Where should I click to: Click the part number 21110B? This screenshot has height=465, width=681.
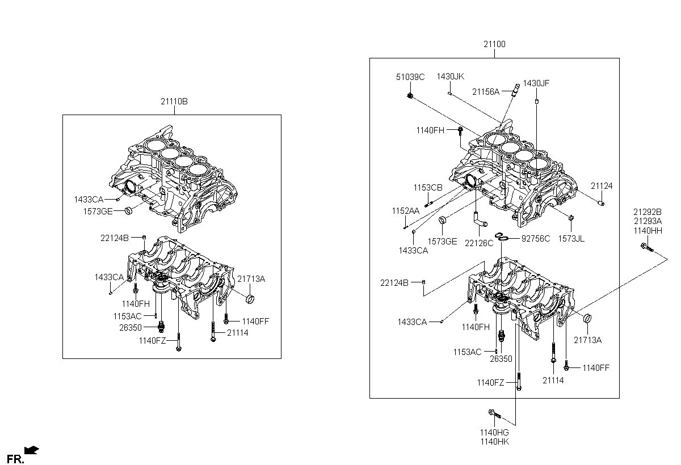point(174,102)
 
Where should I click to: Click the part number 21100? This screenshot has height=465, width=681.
point(494,44)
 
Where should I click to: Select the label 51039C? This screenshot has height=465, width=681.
point(410,77)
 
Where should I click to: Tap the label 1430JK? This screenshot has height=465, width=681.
point(450,77)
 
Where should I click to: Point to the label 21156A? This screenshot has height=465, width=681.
point(485,92)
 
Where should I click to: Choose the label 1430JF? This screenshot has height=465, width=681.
point(536,83)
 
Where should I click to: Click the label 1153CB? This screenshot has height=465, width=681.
point(427,187)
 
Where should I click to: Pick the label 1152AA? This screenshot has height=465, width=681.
point(405,210)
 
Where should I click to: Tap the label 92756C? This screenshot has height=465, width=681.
point(536,238)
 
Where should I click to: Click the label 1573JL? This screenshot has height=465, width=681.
point(571,239)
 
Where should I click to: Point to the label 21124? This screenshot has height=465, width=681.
point(601,186)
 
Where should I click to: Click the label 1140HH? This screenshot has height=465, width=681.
point(648,231)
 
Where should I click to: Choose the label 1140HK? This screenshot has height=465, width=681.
point(494,442)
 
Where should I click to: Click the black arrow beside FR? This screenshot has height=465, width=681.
point(32,451)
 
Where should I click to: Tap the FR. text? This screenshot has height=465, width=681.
point(15,458)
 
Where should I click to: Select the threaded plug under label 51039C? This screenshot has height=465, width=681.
point(410,95)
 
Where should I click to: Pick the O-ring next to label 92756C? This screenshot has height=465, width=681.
point(501,236)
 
